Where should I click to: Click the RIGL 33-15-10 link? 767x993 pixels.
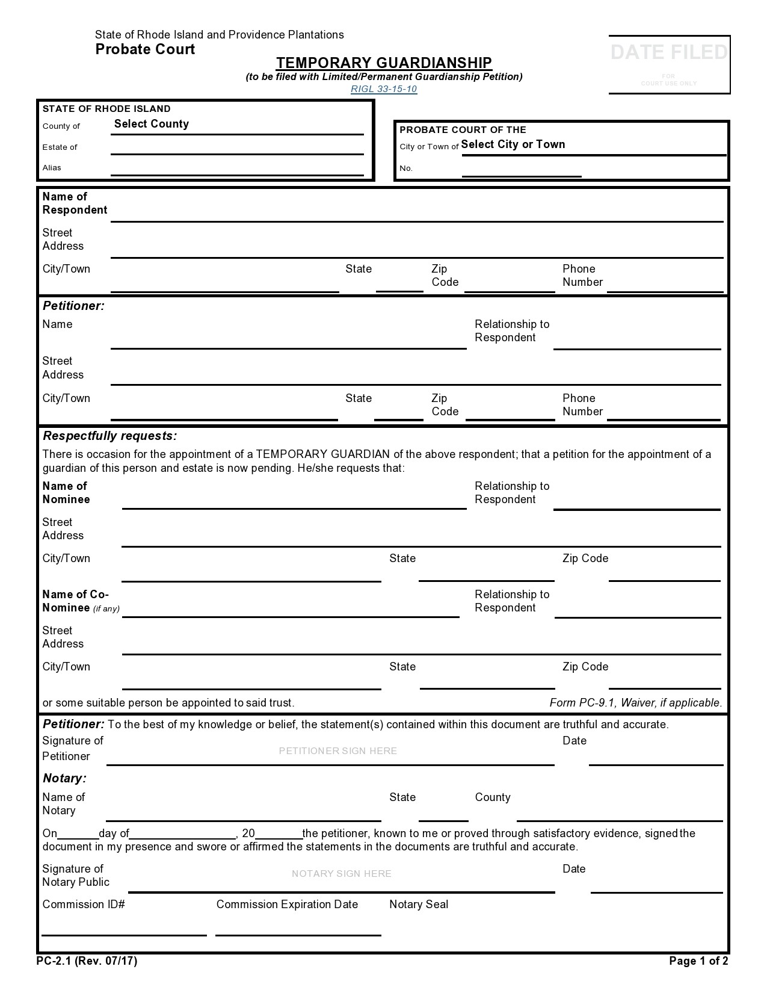(384, 89)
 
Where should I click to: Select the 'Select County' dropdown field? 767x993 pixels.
(152, 124)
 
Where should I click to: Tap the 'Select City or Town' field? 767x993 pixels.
(513, 144)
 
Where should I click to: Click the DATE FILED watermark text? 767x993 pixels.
(669, 53)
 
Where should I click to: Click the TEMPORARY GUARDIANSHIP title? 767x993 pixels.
(384, 63)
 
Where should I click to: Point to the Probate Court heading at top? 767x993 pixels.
(145, 49)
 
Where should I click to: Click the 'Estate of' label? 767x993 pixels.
(60, 147)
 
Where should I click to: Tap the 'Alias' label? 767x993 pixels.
(52, 168)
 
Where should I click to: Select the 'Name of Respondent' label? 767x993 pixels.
(75, 203)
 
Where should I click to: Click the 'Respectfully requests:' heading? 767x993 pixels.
(109, 436)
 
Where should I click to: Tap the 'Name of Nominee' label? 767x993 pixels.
(66, 493)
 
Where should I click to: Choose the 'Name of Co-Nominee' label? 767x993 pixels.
(76, 601)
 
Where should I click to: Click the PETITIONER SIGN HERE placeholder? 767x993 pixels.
(338, 751)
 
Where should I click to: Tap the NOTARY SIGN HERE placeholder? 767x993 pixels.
(342, 874)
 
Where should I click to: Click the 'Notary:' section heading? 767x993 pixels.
(64, 779)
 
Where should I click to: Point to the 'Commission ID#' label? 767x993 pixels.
(84, 905)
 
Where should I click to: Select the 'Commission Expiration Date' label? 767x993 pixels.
(287, 905)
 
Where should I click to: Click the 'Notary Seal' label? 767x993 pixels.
(419, 905)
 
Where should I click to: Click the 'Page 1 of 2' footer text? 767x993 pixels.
(698, 961)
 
